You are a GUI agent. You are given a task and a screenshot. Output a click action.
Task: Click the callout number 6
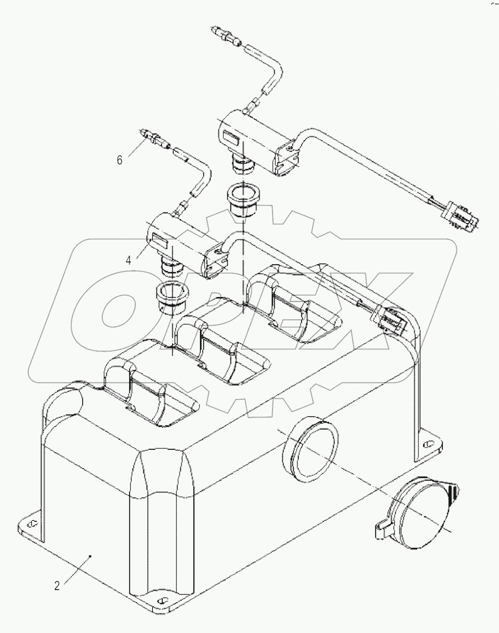point(120,160)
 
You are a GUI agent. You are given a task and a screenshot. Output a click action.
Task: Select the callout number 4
point(128,260)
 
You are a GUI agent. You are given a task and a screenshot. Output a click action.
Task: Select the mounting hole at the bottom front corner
point(162,601)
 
